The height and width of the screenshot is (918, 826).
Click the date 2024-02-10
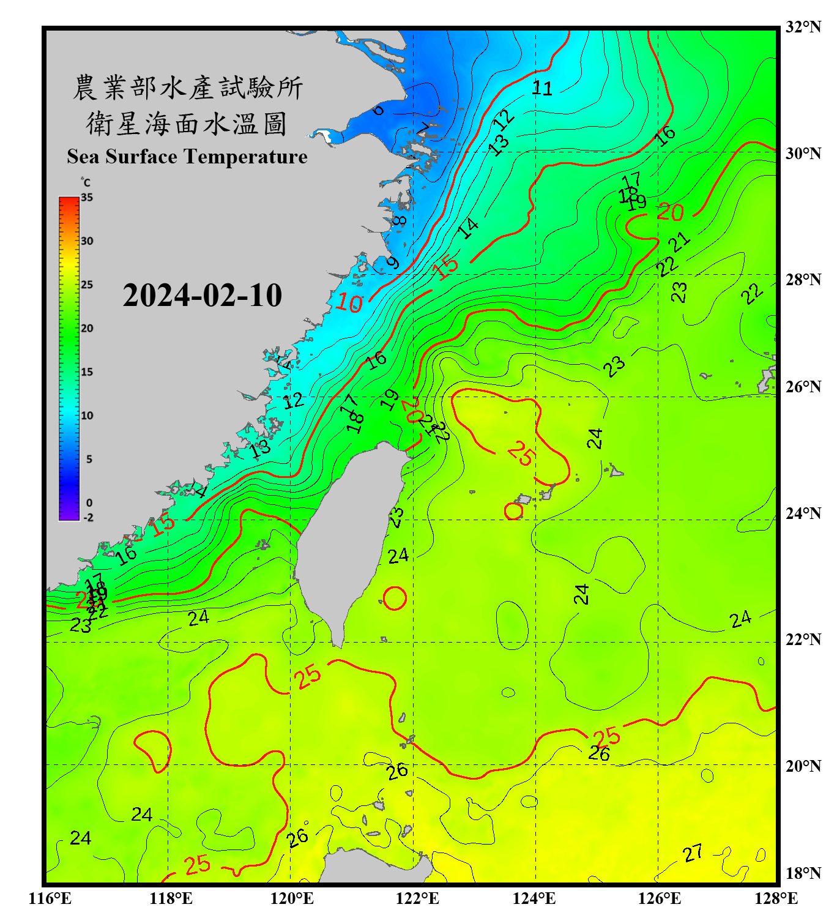202,296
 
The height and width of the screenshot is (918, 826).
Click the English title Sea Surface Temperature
187,157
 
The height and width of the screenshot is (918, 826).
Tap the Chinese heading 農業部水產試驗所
187,88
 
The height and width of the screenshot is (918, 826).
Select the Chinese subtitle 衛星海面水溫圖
187,124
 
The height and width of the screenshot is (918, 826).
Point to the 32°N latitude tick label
803,27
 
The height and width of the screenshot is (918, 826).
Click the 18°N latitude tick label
803,873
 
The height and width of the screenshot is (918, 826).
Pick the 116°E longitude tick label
50,898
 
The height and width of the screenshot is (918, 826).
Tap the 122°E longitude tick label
417,898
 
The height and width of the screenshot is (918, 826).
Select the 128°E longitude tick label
776,898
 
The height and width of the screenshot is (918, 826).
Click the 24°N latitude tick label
803,513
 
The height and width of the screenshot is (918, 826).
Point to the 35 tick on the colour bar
87,198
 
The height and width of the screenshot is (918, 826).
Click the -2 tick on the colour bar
88,517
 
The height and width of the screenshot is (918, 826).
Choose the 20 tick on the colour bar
87,329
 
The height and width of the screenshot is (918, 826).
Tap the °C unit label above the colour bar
85,182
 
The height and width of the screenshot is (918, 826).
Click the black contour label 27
693,853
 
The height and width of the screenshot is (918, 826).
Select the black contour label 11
541,89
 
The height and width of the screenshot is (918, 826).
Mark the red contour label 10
349,303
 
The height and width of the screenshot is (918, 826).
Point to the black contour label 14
468,228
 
